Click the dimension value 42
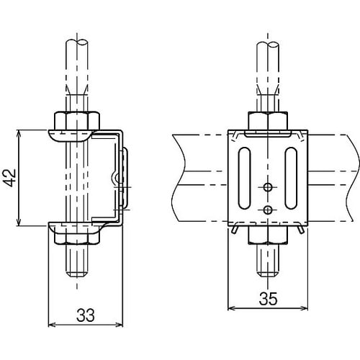coord(10,178)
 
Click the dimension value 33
coord(86,315)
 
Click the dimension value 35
coord(269,299)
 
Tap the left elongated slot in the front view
coord(245,178)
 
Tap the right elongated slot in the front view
coord(291,178)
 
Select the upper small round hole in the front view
coord(268,186)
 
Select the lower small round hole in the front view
coord(268,210)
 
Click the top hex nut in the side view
coord(77,121)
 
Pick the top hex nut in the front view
coord(268,121)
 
